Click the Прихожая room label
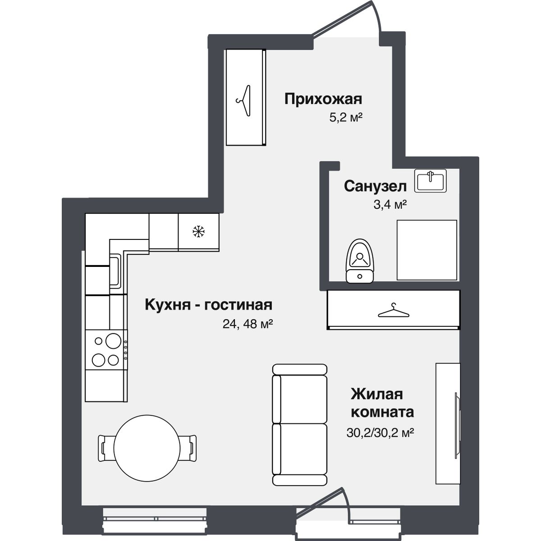coord(323,99)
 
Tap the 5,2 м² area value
coord(346,118)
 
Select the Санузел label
coord(375,186)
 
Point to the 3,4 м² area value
coord(390,205)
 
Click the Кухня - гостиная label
coord(208,305)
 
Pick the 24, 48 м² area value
coord(248,324)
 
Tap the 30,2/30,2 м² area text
coord(380,433)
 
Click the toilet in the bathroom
coord(359,261)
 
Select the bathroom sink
coord(431,180)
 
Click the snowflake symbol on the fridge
coord(198,232)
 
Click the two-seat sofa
coord(299,424)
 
